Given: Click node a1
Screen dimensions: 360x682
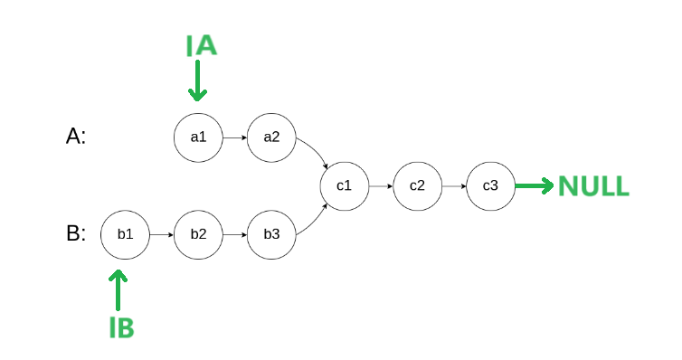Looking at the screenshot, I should tap(198, 137).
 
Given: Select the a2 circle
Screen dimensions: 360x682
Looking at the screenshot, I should tap(271, 137).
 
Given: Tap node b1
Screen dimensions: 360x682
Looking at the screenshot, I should tap(125, 234).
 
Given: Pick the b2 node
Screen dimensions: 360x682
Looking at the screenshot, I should tap(198, 234).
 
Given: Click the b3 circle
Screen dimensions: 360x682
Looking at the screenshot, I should tap(271, 234).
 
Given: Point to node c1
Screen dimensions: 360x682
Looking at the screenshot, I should tap(344, 186).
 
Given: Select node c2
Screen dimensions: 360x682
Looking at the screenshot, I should tap(417, 186).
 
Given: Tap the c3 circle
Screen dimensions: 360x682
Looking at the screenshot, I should tap(490, 186).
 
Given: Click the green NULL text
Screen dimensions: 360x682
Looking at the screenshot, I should tap(594, 186).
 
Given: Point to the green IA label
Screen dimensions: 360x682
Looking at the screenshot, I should tap(202, 45).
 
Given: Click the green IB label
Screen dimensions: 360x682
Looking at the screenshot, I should tap(122, 328).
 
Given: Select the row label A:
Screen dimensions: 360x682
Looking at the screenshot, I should tap(77, 136).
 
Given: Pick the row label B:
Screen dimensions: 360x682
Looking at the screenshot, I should tap(77, 233).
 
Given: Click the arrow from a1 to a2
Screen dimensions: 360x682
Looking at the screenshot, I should tap(234, 137).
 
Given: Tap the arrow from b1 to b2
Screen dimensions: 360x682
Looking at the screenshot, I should tap(161, 234).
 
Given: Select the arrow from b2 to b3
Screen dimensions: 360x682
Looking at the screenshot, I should tap(234, 234).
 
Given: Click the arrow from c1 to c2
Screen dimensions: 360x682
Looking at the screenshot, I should tap(380, 186).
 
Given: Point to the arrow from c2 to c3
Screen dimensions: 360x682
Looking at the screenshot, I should tap(453, 186).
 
